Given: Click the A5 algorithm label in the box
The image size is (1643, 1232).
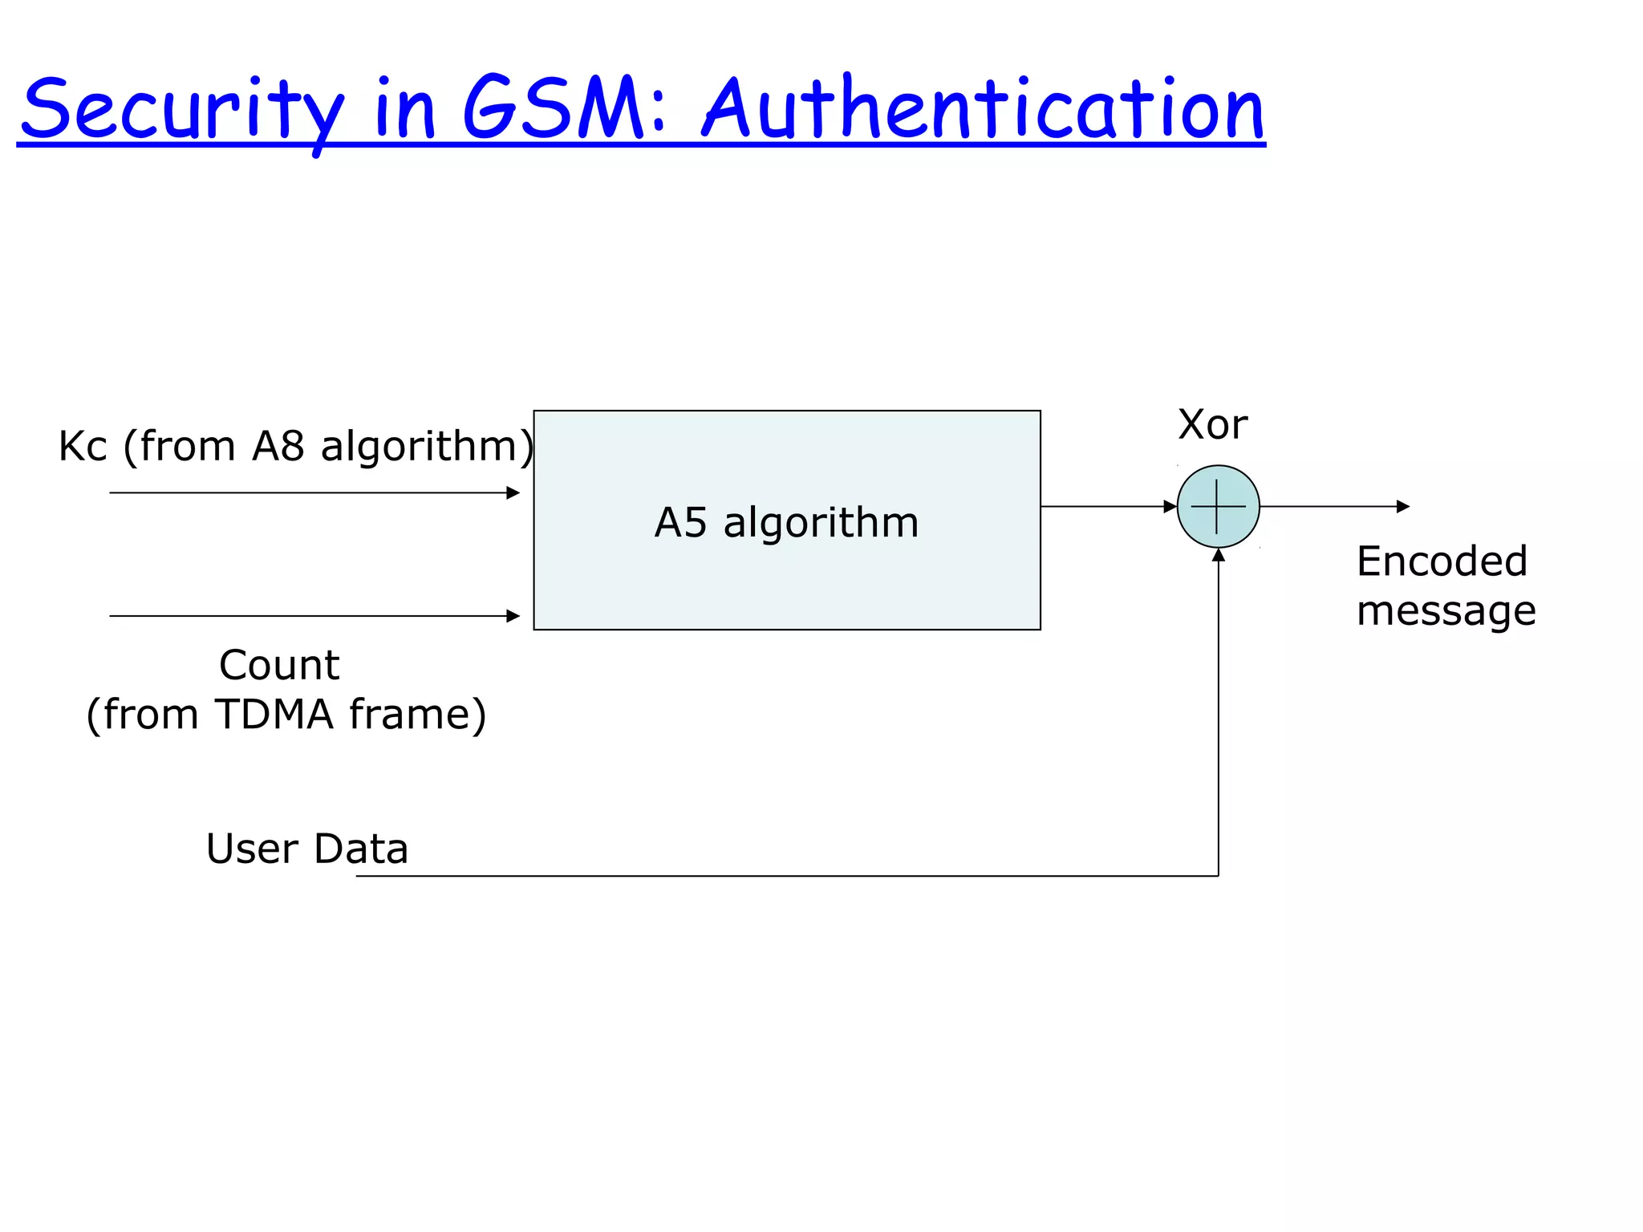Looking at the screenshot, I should click(x=786, y=523).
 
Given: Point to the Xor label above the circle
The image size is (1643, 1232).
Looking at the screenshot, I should click(x=1212, y=424).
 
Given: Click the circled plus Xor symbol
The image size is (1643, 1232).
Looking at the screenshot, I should click(x=1218, y=507).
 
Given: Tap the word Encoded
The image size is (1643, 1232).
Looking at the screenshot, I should click(x=1442, y=561).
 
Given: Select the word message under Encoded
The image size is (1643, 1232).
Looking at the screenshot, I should click(x=1446, y=611).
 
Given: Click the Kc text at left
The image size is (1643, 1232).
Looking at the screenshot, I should click(x=83, y=447).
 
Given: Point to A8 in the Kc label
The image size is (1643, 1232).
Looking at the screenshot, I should click(x=278, y=447).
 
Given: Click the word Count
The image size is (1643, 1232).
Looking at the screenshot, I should click(x=279, y=666).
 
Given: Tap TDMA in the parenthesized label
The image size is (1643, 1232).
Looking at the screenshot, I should click(x=274, y=715).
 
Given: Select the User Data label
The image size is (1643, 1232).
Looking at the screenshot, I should click(x=307, y=849).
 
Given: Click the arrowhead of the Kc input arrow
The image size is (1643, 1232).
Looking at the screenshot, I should click(x=513, y=492).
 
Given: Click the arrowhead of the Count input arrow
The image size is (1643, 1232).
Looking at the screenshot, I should click(x=513, y=616).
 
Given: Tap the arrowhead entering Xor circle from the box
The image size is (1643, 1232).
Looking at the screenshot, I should click(x=1170, y=507).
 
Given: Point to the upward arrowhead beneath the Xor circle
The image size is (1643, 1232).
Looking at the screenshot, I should click(x=1218, y=555).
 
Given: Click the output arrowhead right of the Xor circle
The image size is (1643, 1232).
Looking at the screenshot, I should click(x=1403, y=507).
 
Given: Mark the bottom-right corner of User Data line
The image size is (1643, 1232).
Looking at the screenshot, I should click(x=1218, y=876).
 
